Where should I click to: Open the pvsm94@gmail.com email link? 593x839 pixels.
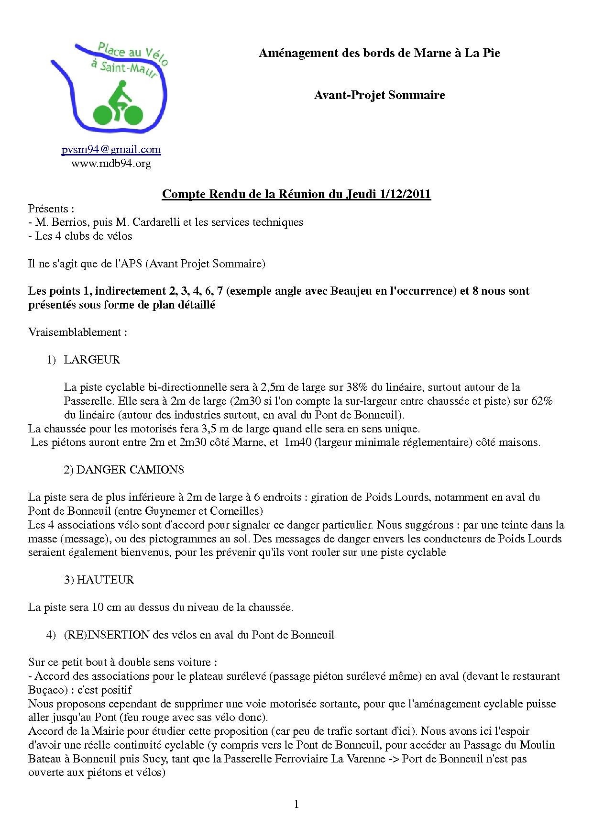111,150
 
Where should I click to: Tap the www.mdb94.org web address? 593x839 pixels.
111,164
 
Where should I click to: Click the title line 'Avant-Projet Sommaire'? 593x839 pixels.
379,95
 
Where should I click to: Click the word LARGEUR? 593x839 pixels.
92,360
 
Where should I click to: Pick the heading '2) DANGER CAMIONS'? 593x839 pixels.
124,470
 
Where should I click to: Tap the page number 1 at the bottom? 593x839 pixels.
296,805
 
